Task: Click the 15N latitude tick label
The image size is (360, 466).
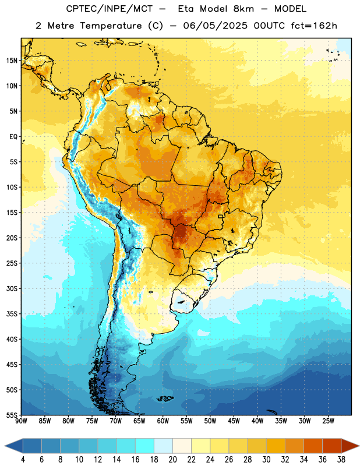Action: pos(12,61)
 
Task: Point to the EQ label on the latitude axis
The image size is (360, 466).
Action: pos(13,137)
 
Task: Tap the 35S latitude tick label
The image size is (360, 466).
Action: pos(12,314)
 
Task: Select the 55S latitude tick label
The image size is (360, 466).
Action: pos(12,415)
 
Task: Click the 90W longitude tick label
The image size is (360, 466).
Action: pos(22,421)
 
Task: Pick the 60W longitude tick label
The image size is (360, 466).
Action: pos(163,421)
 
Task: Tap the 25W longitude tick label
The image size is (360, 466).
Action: pos(328,421)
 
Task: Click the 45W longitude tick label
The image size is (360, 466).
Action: pos(234,421)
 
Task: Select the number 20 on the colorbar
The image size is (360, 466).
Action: pos(172,460)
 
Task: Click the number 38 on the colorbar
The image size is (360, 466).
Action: pos(341,460)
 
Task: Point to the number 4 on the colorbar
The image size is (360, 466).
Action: pos(23,460)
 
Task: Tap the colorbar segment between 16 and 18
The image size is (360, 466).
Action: pos(145,446)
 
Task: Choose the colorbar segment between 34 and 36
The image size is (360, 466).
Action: pos(313,446)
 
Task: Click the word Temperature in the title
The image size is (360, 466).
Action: pos(111,26)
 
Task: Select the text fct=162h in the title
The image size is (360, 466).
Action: pos(314,26)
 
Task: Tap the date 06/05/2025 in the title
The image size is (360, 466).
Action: pos(215,26)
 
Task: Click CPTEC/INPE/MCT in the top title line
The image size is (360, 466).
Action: pos(110,9)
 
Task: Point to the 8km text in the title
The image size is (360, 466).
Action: pos(243,9)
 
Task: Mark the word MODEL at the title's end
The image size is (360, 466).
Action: pos(290,9)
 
